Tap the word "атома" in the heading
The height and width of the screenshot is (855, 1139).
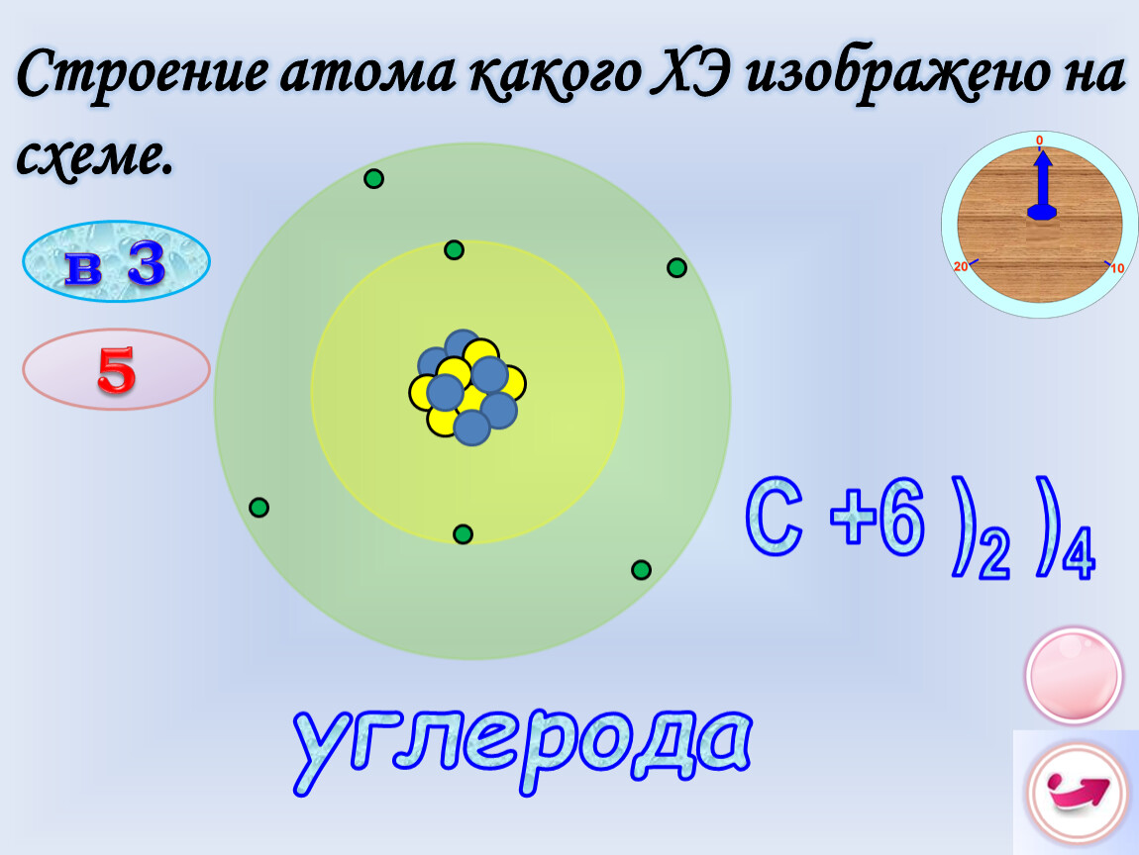tap(366, 73)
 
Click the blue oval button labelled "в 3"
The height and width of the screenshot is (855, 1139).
tap(116, 261)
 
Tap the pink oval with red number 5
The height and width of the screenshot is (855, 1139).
tap(116, 369)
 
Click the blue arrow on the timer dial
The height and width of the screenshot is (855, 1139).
tap(1042, 184)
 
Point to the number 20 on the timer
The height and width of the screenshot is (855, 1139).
tap(961, 266)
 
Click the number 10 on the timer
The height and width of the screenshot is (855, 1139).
tap(1118, 268)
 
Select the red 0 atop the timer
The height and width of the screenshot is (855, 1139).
tap(1039, 141)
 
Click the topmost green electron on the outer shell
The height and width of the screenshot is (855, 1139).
tap(373, 178)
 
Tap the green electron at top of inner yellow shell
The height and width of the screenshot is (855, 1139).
tap(454, 250)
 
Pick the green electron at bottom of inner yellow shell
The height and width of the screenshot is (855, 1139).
tap(463, 534)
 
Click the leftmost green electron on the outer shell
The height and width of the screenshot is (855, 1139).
tap(259, 508)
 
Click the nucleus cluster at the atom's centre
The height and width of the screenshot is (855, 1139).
tap(467, 388)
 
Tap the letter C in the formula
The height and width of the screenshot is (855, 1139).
tap(775, 517)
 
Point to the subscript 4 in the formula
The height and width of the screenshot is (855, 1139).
tap(1078, 556)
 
